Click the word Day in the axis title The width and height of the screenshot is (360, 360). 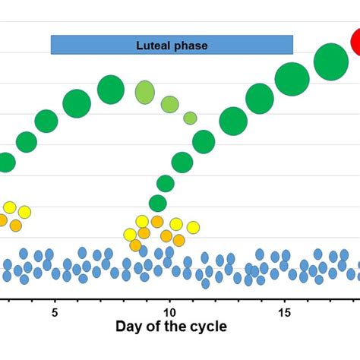click(129, 329)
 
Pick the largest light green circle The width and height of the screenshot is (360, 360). click(144, 92)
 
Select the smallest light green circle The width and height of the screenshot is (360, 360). click(190, 118)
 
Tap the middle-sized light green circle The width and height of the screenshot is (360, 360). click(170, 104)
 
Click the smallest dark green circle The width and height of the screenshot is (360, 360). click(157, 203)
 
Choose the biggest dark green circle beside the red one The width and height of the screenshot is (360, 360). click(330, 62)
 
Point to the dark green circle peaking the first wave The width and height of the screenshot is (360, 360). click(111, 90)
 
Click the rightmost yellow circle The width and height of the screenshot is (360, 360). click(193, 227)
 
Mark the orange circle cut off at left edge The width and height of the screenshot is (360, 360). click(2, 220)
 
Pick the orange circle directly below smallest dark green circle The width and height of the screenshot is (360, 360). click(157, 222)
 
